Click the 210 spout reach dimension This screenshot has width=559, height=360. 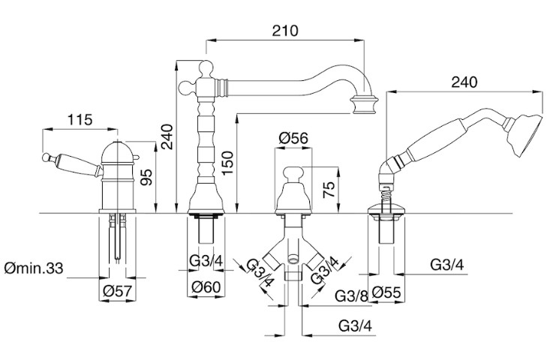(x=285, y=31)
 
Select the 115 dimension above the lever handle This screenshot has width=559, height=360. (x=80, y=120)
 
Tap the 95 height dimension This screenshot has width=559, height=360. (x=146, y=177)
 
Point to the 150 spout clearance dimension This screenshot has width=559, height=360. (x=227, y=163)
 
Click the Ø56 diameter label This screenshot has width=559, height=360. (x=293, y=138)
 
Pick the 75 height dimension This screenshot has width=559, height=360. (x=329, y=189)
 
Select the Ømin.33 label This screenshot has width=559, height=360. (x=34, y=268)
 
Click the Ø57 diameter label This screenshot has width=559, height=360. (x=117, y=291)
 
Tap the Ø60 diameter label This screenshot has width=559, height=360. (x=206, y=286)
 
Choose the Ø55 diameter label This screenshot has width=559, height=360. (x=386, y=293)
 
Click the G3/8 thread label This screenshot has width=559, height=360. (x=351, y=295)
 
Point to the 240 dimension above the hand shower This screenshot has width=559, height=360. (x=464, y=82)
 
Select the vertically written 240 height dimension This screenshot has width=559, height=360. (x=167, y=136)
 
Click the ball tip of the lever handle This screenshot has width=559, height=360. (x=45, y=157)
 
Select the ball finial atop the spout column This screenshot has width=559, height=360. (x=206, y=67)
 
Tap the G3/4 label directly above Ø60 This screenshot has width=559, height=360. (x=206, y=261)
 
